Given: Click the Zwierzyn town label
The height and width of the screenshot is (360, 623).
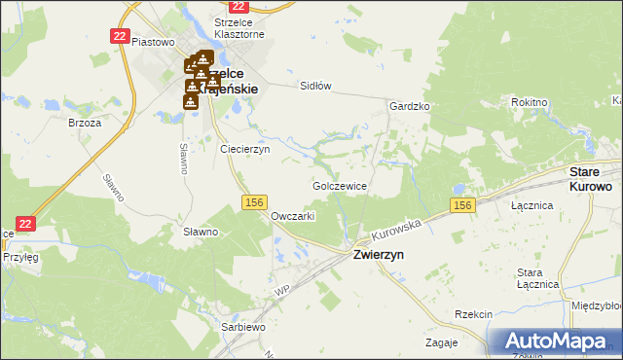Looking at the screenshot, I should [x=379, y=254].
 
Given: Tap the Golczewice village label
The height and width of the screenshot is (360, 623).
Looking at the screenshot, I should [x=339, y=185].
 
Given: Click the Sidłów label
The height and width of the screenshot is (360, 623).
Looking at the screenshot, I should [x=315, y=86].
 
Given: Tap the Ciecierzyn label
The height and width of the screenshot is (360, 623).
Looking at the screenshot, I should [x=244, y=150].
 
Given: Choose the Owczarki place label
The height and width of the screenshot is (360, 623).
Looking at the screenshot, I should [x=293, y=216].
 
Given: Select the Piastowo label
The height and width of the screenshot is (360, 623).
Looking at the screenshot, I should [x=152, y=42].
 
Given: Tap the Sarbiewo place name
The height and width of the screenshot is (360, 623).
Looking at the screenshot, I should [x=243, y=327].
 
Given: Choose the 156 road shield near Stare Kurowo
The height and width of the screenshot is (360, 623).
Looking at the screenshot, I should [x=462, y=204].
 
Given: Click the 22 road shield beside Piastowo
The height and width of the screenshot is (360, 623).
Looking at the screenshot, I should [x=120, y=35].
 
